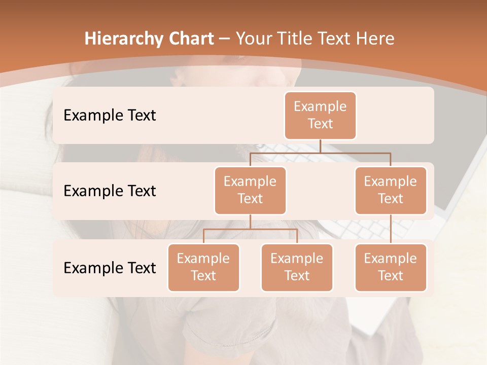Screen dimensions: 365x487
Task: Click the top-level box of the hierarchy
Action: [320, 116]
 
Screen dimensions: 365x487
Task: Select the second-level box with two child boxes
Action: [250, 191]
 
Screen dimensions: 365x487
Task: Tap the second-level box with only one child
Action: [391, 191]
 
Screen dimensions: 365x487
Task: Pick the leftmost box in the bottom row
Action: [203, 268]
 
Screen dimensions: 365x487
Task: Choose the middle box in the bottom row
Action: [297, 268]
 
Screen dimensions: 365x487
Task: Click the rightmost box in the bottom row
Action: [391, 268]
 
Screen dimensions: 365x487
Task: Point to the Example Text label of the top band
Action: [110, 116]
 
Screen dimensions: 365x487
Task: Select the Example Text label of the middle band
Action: [110, 191]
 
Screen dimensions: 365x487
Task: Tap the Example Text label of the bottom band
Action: [110, 268]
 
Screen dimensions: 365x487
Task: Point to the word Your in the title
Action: [254, 39]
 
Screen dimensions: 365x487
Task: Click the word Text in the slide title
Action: [335, 39]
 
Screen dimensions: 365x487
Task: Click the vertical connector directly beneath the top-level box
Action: [320, 146]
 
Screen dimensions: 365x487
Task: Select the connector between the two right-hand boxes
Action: [391, 229]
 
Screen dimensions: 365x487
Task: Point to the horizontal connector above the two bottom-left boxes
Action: [250, 229]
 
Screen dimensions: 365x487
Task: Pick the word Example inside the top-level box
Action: [320, 107]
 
